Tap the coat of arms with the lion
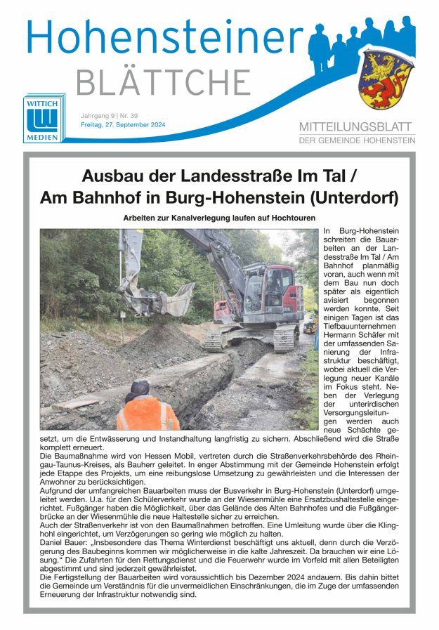pyautogui.click(x=385, y=79)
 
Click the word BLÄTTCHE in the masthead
pyautogui.click(x=163, y=81)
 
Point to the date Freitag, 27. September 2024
pyautogui.click(x=123, y=124)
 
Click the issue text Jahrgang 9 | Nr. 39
pyautogui.click(x=109, y=114)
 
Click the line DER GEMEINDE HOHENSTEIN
pyautogui.click(x=357, y=140)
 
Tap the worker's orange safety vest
pyautogui.click(x=147, y=414)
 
